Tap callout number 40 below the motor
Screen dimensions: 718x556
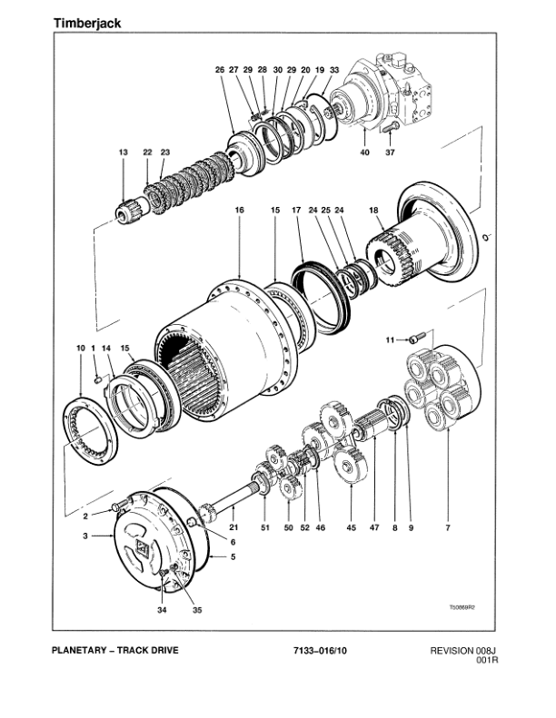pos(364,153)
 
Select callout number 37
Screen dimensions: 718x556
pos(390,153)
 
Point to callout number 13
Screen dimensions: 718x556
pos(123,152)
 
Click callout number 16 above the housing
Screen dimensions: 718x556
pos(240,210)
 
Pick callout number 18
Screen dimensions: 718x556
pos(372,210)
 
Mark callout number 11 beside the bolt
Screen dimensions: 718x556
pos(390,340)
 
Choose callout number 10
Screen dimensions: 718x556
pos(80,349)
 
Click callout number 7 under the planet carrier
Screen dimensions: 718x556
pos(446,527)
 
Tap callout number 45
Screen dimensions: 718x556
pos(352,527)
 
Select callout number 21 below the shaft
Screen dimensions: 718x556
pos(233,527)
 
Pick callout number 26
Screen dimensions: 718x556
pos(219,70)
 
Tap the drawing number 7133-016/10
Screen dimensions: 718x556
pos(320,650)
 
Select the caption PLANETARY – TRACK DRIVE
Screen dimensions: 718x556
pos(115,650)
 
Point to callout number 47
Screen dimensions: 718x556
pos(373,527)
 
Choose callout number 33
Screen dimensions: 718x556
pos(334,70)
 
